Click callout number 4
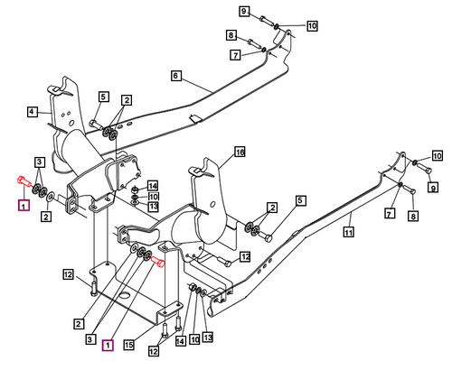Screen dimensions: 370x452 click(x=32, y=112)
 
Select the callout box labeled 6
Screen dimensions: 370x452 click(x=176, y=76)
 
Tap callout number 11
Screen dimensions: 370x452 click(x=347, y=232)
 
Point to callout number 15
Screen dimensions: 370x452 click(x=129, y=344)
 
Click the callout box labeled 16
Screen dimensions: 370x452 click(x=240, y=152)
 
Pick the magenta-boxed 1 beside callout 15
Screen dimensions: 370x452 click(x=108, y=345)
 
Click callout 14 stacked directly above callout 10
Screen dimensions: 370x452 click(x=154, y=186)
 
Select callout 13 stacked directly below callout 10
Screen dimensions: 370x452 click(x=154, y=207)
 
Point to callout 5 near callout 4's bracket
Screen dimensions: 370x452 click(x=103, y=97)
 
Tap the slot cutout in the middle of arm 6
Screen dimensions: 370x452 click(x=193, y=119)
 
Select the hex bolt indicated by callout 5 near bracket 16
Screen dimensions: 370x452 click(x=268, y=237)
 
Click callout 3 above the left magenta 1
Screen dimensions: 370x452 click(x=39, y=162)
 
